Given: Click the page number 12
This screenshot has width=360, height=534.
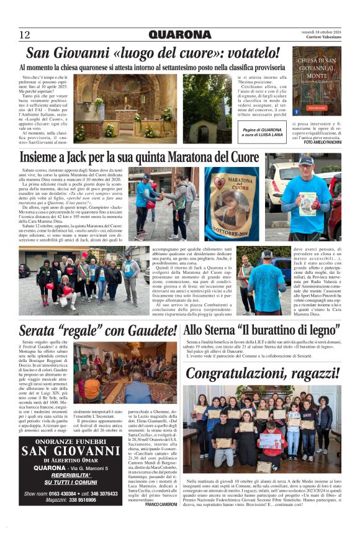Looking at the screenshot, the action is pyautogui.click(x=25, y=35).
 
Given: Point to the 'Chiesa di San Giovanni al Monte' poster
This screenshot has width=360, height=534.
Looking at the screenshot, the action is pyautogui.click(x=317, y=81).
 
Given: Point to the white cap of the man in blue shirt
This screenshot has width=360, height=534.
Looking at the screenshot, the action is pyautogui.click(x=306, y=160).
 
